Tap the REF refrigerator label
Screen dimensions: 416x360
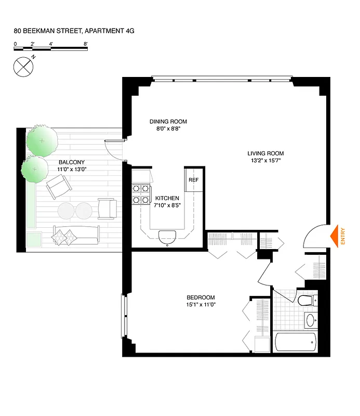(193, 180)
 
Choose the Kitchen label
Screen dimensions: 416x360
(167, 198)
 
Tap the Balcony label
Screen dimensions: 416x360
(69, 162)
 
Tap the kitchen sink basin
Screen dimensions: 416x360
(167, 236)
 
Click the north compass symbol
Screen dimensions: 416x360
(22, 66)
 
